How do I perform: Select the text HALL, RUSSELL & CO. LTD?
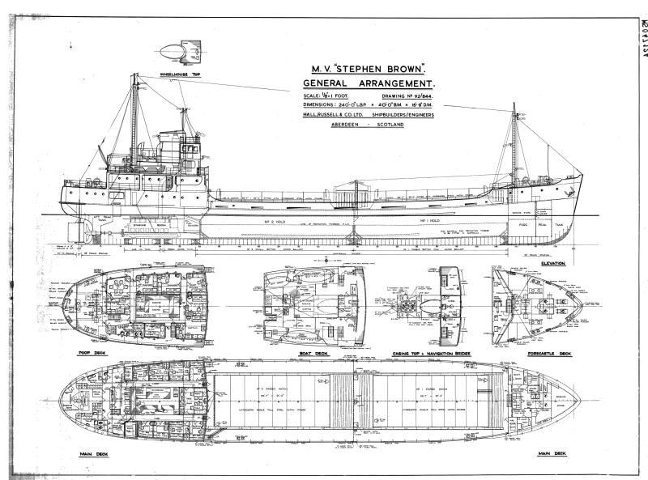click(x=340, y=115)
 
